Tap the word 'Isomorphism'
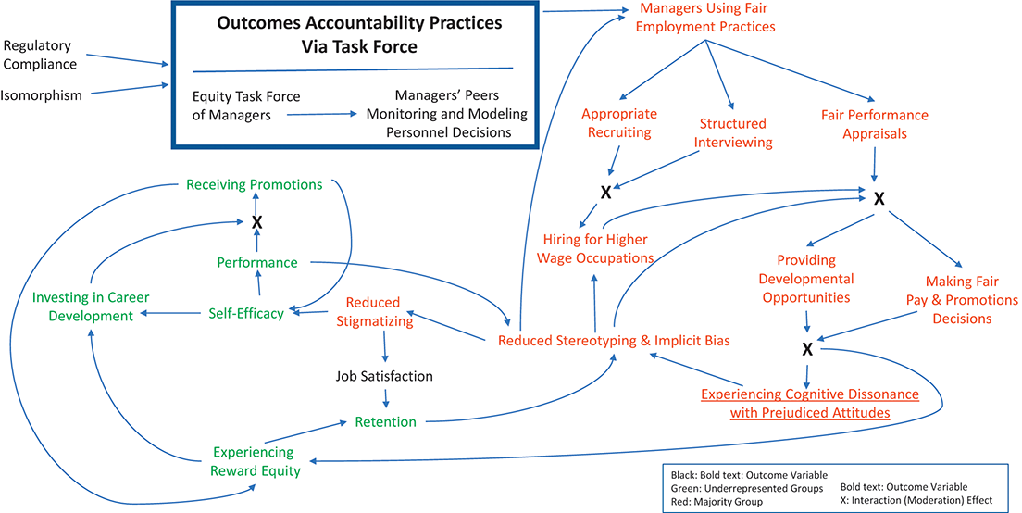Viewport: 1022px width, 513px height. [42, 94]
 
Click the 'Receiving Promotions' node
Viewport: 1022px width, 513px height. [255, 184]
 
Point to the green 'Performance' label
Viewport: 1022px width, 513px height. [257, 262]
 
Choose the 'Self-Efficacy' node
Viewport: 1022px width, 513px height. [245, 313]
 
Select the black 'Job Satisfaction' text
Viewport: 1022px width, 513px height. [384, 376]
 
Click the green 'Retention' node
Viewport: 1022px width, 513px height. [386, 421]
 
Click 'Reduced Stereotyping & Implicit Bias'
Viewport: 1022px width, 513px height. [614, 341]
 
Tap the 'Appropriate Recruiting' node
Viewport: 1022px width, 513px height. [618, 123]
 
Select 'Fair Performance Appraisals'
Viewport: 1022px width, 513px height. [874, 125]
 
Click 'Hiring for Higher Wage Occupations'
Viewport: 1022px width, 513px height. [595, 247]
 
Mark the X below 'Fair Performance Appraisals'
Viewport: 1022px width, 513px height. [879, 198]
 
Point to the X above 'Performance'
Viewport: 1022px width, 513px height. [257, 222]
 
